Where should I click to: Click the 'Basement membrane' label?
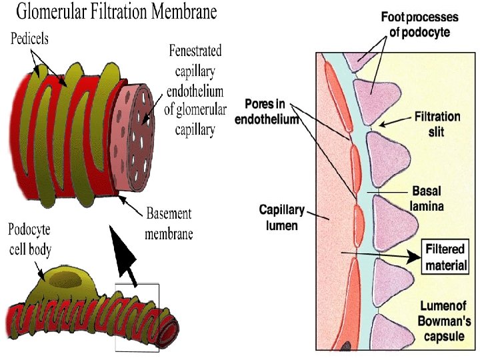point(169,223)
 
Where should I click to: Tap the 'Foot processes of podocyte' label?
point(419,25)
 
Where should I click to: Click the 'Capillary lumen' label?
point(282,217)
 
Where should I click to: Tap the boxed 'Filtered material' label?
point(446,257)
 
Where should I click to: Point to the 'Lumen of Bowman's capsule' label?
point(444,321)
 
